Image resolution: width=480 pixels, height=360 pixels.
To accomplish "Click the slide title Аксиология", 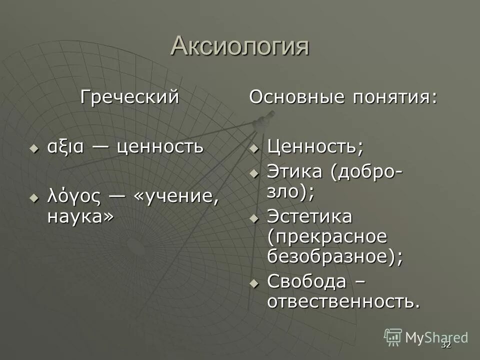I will click(x=239, y=46).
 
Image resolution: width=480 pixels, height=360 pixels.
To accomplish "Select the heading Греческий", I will click(x=130, y=96).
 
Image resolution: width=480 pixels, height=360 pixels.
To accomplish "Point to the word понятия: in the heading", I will click(x=394, y=96).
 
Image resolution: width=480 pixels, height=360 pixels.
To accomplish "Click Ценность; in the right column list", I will click(x=315, y=147).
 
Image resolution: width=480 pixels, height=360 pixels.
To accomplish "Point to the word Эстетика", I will click(x=310, y=217).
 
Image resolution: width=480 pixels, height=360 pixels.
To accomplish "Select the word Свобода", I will click(x=306, y=281).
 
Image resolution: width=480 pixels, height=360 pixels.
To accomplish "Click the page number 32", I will click(x=446, y=345).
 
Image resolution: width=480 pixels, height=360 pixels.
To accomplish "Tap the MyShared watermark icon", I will click(x=393, y=337).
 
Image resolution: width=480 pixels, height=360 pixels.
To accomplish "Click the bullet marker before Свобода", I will click(x=254, y=283).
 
